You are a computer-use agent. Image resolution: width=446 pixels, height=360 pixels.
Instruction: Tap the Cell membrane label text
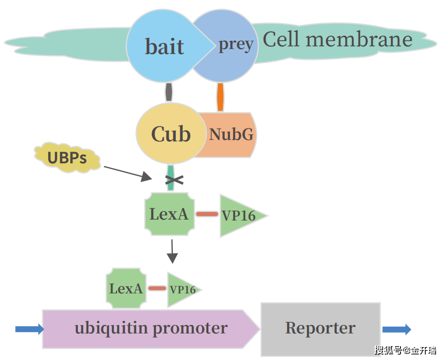338,40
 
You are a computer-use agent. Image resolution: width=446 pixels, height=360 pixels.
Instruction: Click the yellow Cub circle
171,134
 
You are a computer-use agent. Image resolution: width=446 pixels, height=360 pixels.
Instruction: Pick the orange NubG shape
231,135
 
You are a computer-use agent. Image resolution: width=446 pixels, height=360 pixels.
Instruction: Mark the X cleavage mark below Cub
174,180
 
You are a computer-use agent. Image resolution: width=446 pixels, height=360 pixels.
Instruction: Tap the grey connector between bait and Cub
169,92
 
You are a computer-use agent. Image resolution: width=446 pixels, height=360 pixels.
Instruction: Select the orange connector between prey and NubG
220,97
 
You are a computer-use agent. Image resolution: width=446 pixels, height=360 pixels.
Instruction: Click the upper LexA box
169,214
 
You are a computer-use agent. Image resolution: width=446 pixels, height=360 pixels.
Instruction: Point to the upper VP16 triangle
239,216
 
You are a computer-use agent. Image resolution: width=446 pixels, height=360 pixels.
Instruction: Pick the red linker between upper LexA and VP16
207,214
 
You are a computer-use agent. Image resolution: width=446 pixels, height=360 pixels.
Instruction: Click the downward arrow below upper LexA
172,252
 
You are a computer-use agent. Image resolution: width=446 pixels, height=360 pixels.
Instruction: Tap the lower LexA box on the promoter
126,288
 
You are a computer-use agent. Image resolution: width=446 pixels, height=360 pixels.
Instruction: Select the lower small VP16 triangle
181,289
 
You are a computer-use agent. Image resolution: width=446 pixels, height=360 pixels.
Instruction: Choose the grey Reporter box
320,328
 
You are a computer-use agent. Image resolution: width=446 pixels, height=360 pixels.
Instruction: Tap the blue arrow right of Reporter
396,329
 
